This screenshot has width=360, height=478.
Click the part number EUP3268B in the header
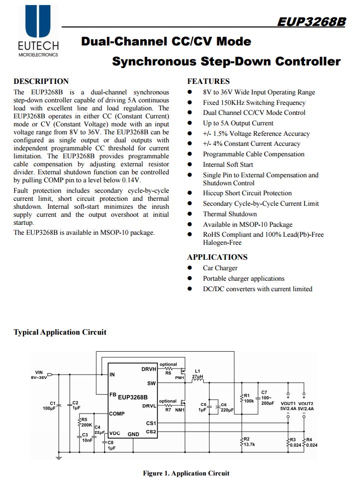311,21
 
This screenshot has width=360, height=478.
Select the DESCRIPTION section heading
41,81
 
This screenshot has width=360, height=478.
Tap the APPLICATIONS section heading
217,257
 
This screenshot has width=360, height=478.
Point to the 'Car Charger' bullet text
220,268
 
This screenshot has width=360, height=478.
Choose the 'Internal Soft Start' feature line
228,164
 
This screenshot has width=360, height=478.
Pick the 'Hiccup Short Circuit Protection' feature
247,193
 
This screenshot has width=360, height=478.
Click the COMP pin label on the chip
117,414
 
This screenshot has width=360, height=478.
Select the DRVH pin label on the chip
149,370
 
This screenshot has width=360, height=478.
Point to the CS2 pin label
151,432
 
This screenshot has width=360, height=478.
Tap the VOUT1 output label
288,404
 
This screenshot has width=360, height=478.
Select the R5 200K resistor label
86,422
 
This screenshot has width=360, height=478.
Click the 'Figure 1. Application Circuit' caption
186,473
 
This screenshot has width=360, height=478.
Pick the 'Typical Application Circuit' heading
60,332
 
